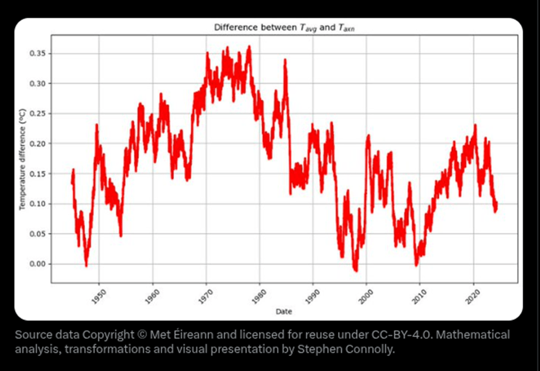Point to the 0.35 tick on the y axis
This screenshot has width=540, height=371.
click(39, 54)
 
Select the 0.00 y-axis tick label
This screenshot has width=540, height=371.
click(39, 264)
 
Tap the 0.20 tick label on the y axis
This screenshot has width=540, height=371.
click(39, 143)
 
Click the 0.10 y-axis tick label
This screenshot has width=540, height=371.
click(39, 204)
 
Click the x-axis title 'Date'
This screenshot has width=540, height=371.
click(284, 312)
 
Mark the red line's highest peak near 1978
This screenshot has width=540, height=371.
click(249, 47)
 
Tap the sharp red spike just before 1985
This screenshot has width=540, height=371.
click(284, 60)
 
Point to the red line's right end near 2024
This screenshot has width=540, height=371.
click(496, 206)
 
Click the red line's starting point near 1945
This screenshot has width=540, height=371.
click(72, 182)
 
